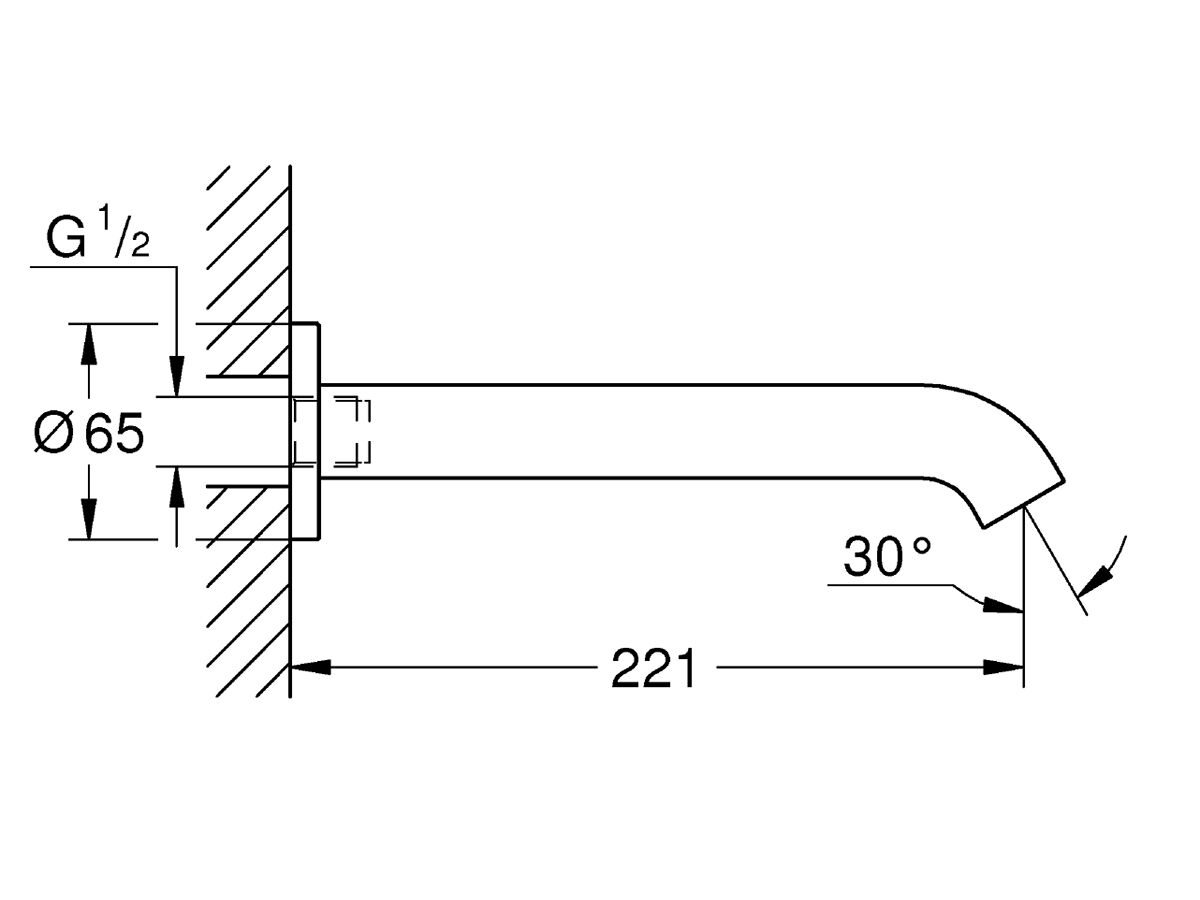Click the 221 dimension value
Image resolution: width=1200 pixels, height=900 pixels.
click(x=653, y=668)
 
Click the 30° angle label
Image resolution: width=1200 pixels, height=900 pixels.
click(x=887, y=557)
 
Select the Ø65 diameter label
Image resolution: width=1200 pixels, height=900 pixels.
click(x=90, y=433)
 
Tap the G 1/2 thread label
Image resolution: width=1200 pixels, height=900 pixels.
click(x=98, y=239)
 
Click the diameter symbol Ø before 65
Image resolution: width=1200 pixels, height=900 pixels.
click(x=54, y=433)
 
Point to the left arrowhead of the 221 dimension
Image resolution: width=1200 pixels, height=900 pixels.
click(x=310, y=667)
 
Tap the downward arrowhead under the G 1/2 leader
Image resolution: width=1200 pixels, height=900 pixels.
click(x=177, y=378)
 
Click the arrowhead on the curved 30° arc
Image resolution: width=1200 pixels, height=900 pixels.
click(x=1103, y=577)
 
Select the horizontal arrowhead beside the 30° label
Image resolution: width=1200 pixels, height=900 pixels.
click(x=1002, y=607)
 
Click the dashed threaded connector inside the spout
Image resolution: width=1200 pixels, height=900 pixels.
click(x=333, y=431)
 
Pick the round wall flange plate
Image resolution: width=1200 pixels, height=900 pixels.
click(x=305, y=431)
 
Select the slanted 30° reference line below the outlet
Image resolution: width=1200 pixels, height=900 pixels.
click(x=1055, y=565)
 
